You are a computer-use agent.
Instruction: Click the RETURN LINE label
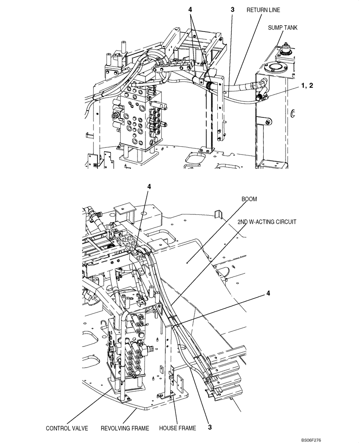pos(263,9)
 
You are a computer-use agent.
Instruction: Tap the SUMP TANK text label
pos(283,27)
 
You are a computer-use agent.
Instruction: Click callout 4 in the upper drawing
pos(190,9)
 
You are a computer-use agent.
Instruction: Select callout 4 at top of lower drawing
pos(149,187)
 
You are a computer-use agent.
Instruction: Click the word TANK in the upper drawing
pos(290,27)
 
